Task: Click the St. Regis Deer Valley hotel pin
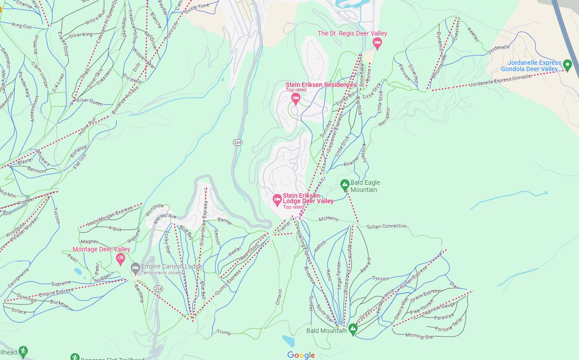pos(378,43)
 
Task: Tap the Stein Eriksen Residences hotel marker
pos(296,99)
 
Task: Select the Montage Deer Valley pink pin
pos(120,259)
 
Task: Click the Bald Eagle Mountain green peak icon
pos(345,185)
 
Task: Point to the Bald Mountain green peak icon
pos(353,329)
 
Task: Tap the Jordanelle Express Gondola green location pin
pos(568,66)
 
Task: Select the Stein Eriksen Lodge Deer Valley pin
pos(278,201)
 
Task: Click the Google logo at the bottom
pos(301,355)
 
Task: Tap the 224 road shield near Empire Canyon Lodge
pos(158,288)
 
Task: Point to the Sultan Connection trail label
pos(387,226)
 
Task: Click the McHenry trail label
pos(328,219)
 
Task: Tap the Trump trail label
pos(223,333)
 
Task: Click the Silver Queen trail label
pos(89,102)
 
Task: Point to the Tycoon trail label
pos(380,278)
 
